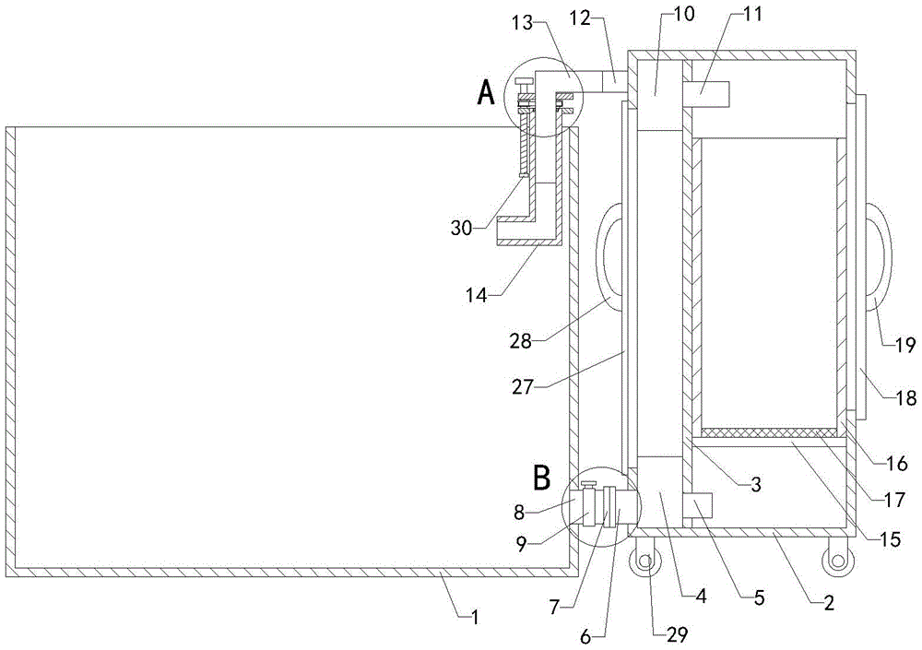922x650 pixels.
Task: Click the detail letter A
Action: [x=486, y=92]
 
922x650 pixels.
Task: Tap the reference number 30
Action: [x=462, y=228]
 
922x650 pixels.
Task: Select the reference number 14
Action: [x=477, y=295]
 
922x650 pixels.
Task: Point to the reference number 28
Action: [x=521, y=340]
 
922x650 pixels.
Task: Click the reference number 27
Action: [x=522, y=386]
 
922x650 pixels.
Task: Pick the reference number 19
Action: [x=906, y=345]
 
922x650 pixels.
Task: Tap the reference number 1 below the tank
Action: [x=475, y=617]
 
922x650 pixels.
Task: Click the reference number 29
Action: [x=676, y=634]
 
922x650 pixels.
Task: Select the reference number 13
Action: [x=522, y=23]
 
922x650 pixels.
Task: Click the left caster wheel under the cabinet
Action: [x=645, y=561]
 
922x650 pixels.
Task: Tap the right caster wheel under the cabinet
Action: [x=836, y=561]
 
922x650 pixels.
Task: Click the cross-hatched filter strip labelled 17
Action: [x=769, y=433]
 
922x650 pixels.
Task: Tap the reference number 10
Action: [x=684, y=14]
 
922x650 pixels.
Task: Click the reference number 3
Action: [x=756, y=485]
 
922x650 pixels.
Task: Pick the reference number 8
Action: [x=518, y=513]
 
